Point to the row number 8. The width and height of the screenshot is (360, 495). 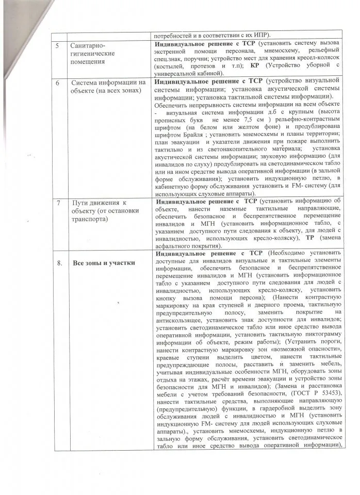(x=59, y=263)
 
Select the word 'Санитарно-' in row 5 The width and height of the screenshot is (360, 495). (x=89, y=45)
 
